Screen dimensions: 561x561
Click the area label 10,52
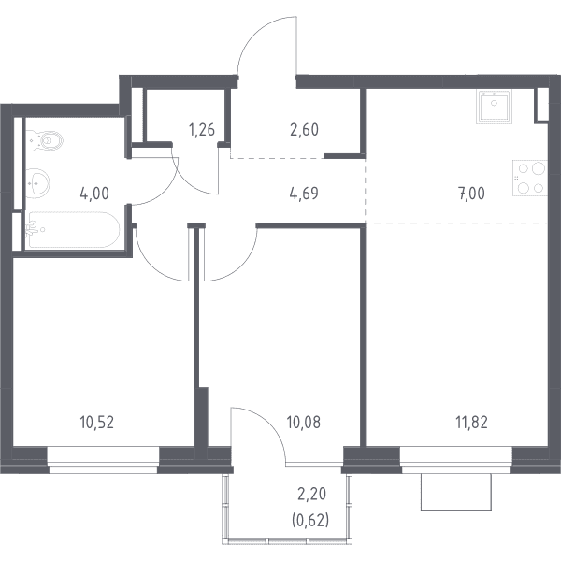97,423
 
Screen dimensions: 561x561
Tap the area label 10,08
303,423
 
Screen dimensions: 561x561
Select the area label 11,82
471,423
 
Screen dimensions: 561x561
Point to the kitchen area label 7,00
471,194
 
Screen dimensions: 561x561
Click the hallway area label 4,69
304,194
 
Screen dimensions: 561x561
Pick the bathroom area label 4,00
94,194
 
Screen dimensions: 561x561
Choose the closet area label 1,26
202,130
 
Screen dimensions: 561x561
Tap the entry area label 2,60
304,130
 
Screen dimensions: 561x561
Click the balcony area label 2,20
311,494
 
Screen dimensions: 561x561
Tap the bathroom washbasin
37,183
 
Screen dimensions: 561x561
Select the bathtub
72,229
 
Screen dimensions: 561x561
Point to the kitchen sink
494,107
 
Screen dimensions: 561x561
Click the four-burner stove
530,178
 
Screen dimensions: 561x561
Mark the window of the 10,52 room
103,460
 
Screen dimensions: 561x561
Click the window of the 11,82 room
456,460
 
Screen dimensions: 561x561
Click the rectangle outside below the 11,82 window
456,492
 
